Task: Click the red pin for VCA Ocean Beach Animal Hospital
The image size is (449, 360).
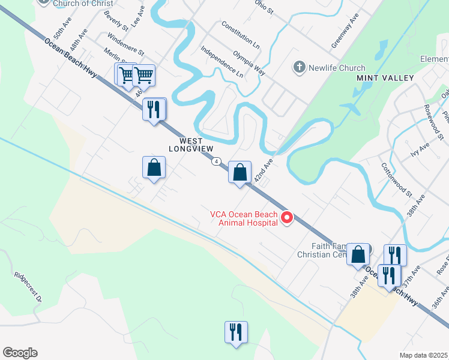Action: (x=287, y=218)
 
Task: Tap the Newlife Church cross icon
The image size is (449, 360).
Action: (x=299, y=67)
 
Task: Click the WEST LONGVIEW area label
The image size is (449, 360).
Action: (x=191, y=143)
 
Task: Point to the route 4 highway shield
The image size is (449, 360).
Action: (x=216, y=161)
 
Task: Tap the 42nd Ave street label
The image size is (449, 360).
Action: (x=264, y=170)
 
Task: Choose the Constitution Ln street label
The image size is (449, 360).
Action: (x=240, y=35)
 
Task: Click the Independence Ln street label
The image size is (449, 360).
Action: (x=221, y=62)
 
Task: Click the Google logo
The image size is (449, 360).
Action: (x=20, y=353)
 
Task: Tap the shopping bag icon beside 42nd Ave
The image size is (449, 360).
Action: (x=240, y=173)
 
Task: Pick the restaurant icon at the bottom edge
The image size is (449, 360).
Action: (x=236, y=332)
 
